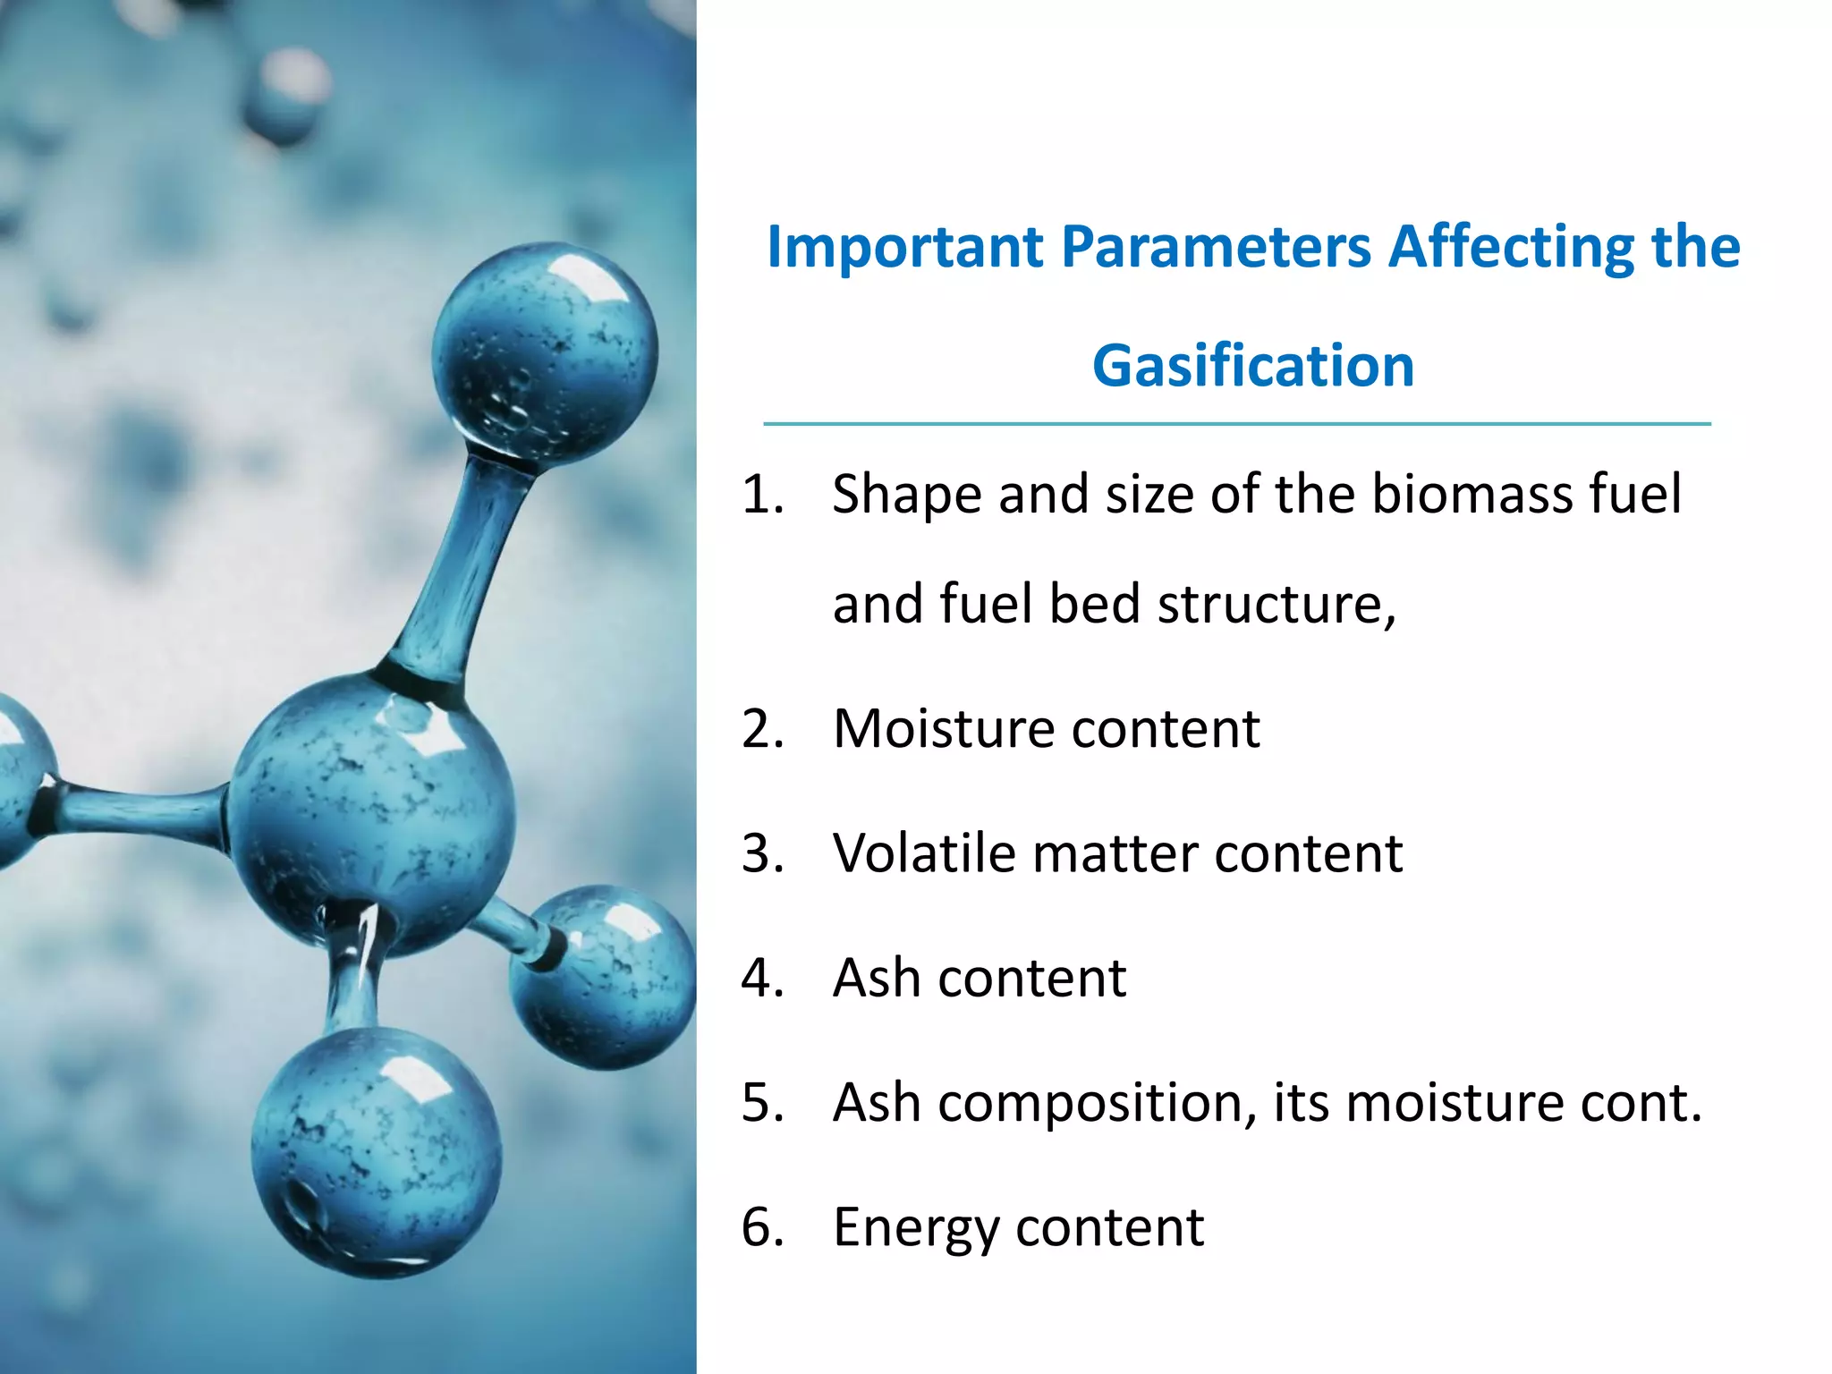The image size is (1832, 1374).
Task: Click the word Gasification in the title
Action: [1252, 367]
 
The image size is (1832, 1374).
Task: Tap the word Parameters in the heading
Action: [1216, 247]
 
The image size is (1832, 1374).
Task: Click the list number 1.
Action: [762, 494]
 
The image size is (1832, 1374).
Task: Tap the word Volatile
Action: [924, 852]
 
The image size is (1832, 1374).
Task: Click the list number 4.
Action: [762, 978]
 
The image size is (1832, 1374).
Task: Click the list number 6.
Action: [762, 1227]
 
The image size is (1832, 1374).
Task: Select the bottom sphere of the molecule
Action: [376, 1154]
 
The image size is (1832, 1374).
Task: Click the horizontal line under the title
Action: [1236, 424]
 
